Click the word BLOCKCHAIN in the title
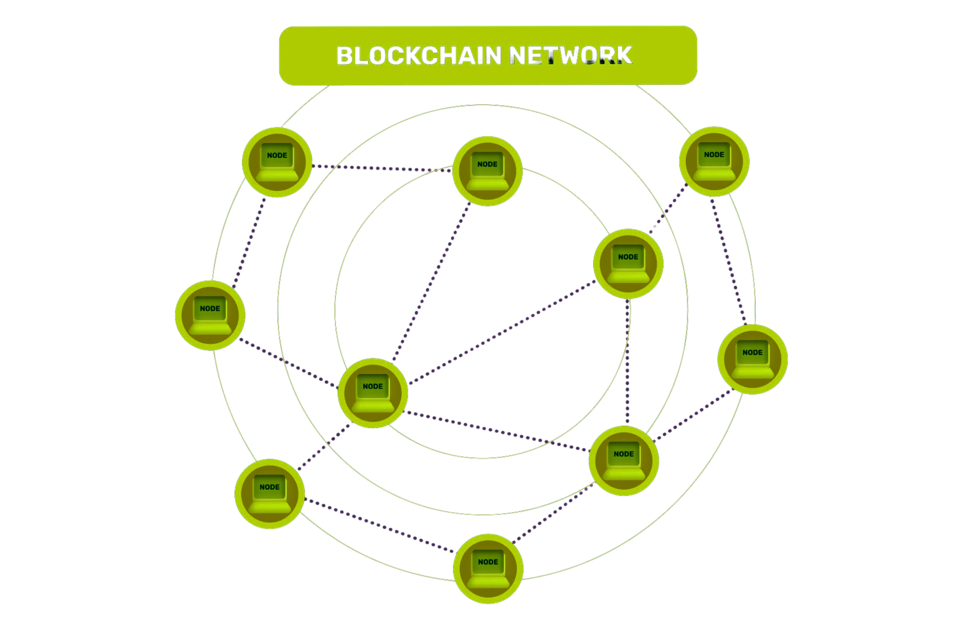pos(419,56)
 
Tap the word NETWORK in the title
pos(570,56)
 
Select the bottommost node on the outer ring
pos(488,568)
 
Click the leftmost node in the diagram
pos(210,315)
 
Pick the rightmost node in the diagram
pos(752,359)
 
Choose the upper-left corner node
pos(277,162)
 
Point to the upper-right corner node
pos(714,161)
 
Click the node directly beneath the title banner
pos(487,171)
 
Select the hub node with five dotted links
pos(373,393)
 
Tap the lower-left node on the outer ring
pos(269,494)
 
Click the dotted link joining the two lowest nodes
pos(379,526)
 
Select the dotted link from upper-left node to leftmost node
pos(250,242)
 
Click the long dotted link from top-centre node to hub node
pos(431,282)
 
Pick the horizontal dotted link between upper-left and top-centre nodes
pos(381,168)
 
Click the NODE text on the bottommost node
pos(488,562)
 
